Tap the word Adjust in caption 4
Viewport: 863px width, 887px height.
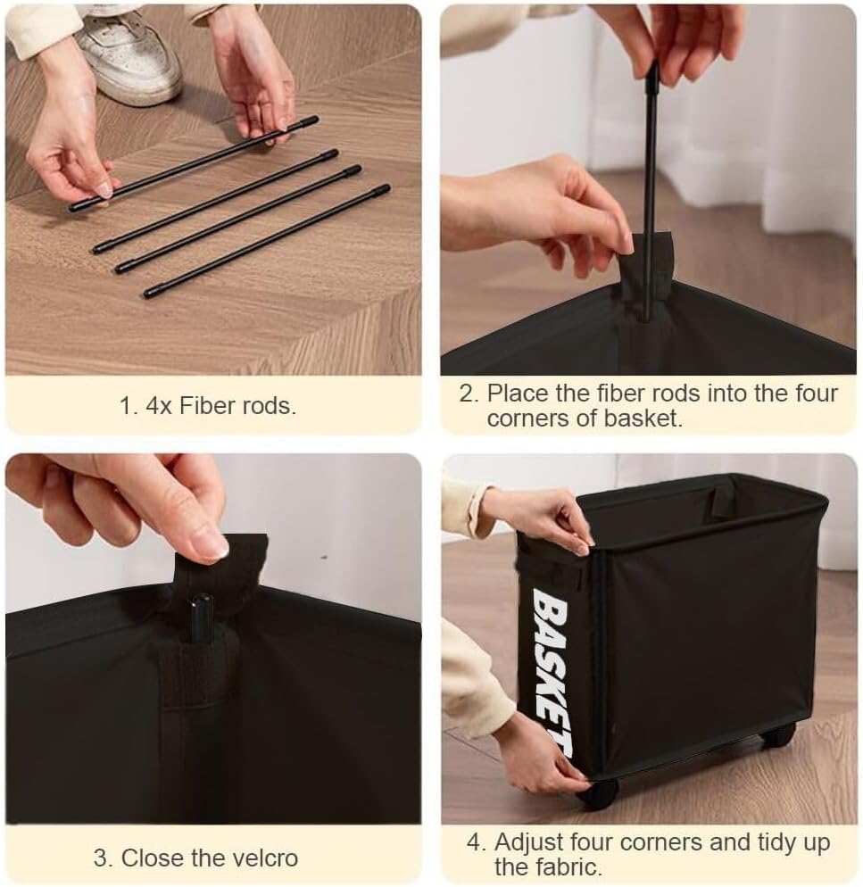click(x=529, y=843)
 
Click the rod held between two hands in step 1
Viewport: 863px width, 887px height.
click(x=194, y=164)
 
